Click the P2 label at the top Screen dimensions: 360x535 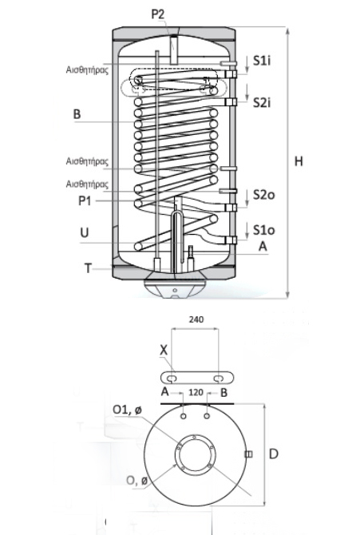[158, 14]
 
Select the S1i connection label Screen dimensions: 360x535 [262, 61]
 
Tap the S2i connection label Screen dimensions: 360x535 [262, 102]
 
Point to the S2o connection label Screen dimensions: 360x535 [263, 195]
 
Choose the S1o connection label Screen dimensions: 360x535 [263, 230]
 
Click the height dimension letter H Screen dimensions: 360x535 [299, 161]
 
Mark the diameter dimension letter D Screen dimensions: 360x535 [274, 454]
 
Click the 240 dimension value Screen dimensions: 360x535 [196, 319]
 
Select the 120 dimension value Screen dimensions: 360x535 [196, 392]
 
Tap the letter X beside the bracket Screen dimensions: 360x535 [164, 350]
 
